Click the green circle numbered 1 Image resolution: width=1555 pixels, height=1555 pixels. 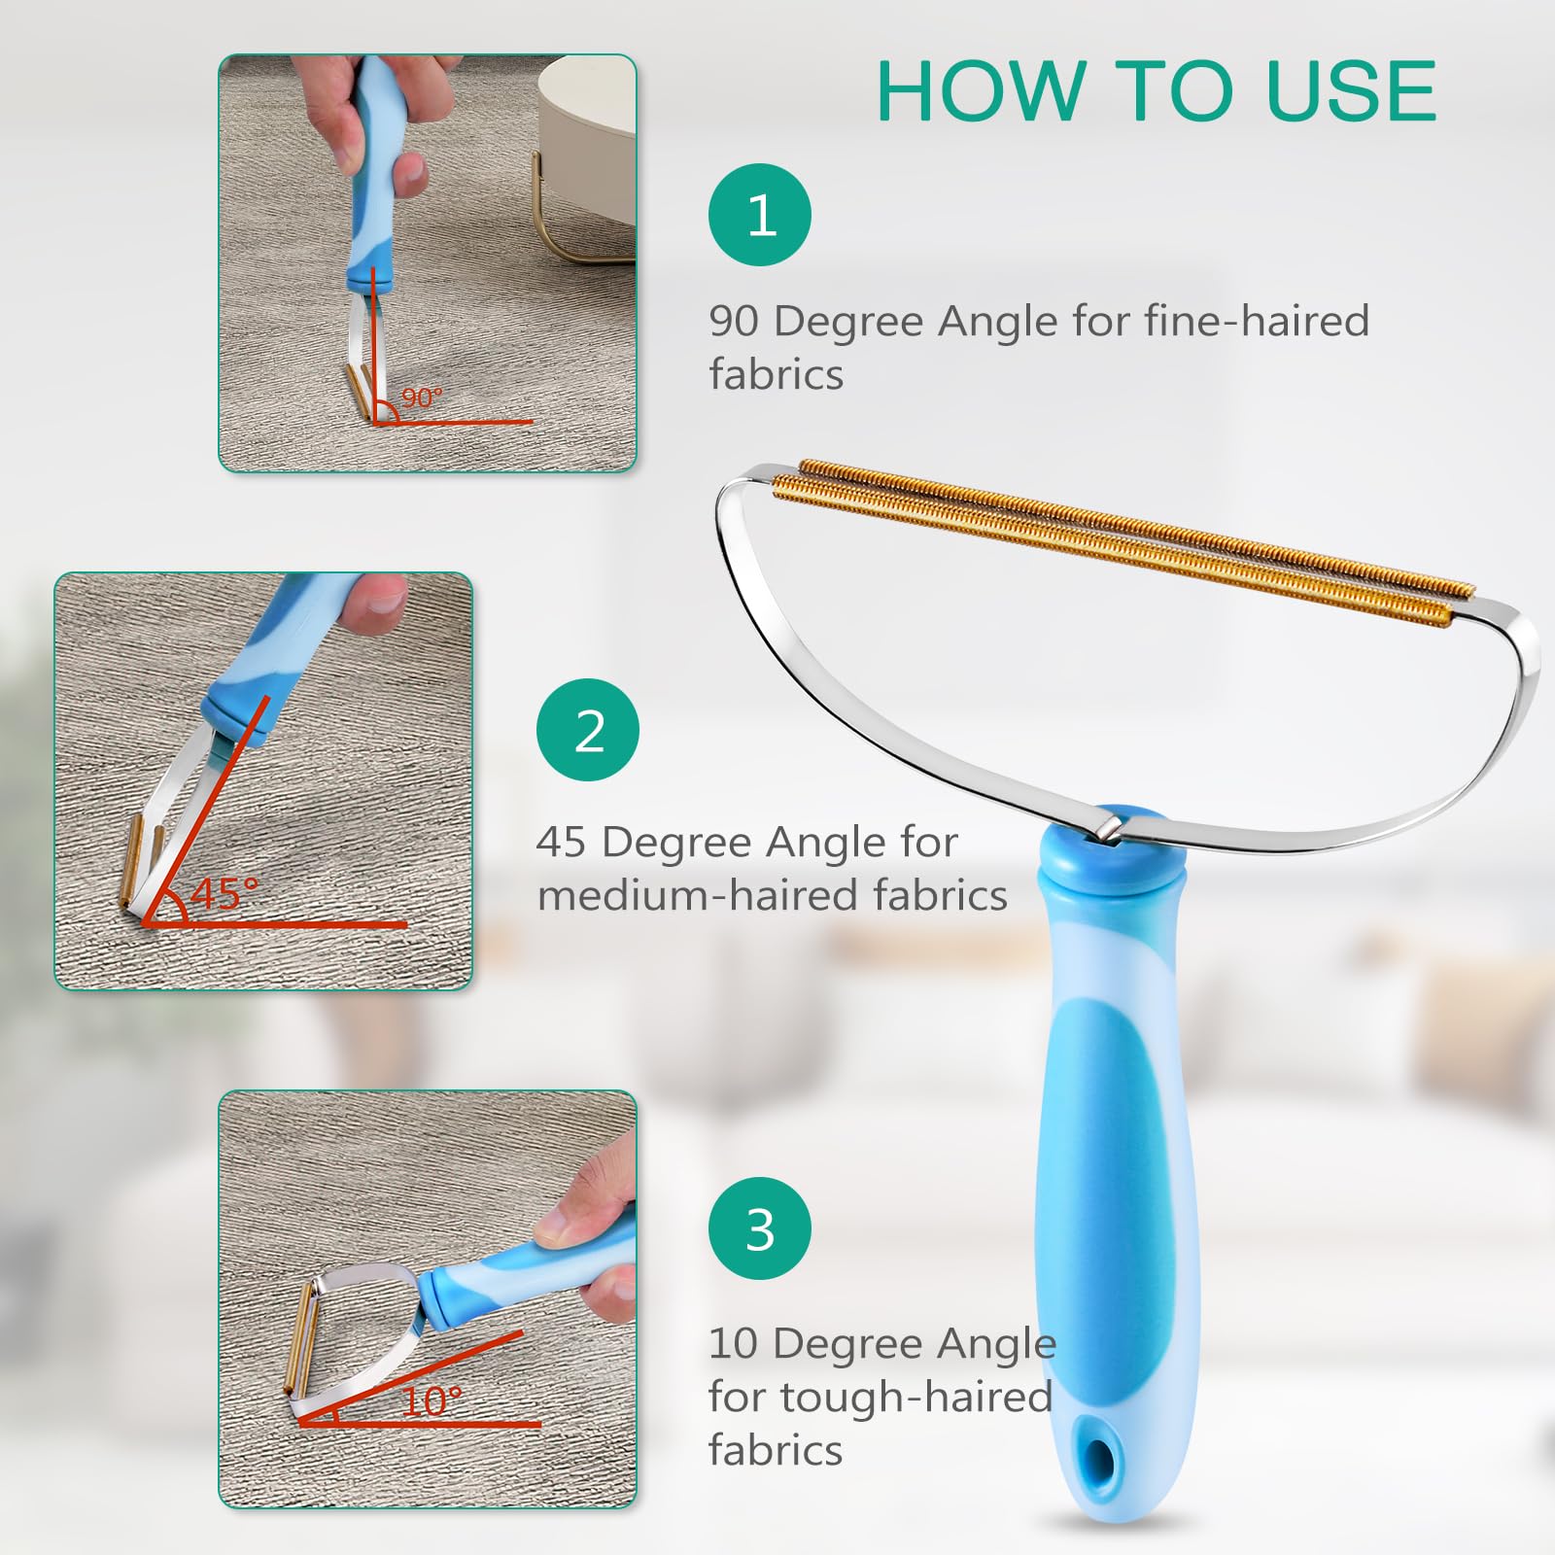[760, 215]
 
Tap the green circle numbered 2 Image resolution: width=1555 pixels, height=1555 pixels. [588, 730]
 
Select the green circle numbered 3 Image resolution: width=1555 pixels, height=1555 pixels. [760, 1228]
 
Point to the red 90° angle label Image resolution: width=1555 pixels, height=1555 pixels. [422, 397]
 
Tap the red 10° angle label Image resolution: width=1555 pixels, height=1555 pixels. [431, 1401]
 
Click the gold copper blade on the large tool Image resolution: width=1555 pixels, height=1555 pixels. [1118, 539]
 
